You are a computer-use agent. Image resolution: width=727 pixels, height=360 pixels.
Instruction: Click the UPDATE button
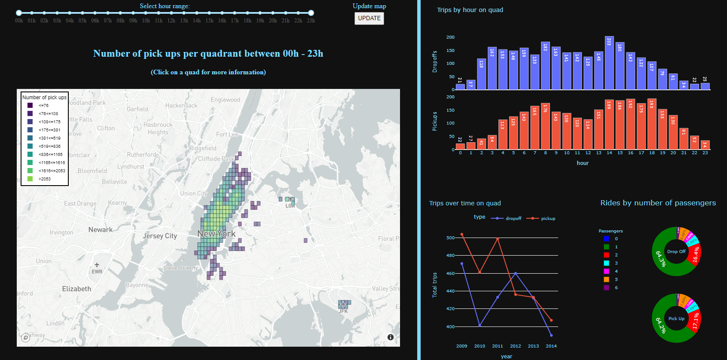[369, 18]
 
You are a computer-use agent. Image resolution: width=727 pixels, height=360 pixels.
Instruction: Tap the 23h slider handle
[311, 13]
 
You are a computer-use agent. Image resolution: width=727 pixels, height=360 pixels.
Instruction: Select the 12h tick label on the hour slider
[171, 21]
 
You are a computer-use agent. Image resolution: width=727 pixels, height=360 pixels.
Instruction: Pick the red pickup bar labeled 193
[651, 124]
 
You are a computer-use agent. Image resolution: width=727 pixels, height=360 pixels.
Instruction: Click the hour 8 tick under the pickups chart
[545, 153]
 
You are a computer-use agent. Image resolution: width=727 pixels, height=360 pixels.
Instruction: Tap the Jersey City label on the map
[160, 236]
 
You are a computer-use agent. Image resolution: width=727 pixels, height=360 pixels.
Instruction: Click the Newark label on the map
[100, 230]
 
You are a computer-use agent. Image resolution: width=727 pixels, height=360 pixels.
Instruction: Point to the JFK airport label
[343, 311]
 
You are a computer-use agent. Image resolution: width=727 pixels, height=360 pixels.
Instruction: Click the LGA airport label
[290, 206]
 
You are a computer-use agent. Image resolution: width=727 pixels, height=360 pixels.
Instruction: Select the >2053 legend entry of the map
[44, 179]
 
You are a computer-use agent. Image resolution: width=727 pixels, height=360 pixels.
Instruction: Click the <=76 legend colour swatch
[30, 105]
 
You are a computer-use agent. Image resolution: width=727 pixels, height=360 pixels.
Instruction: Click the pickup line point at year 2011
[498, 239]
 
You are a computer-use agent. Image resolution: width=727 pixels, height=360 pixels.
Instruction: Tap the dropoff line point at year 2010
[480, 326]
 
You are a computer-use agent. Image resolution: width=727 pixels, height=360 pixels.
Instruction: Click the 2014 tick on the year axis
[551, 346]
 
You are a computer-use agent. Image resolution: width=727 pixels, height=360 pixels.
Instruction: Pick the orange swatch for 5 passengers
[606, 279]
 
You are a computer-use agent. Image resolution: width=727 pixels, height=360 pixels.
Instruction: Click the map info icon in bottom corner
[390, 337]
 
